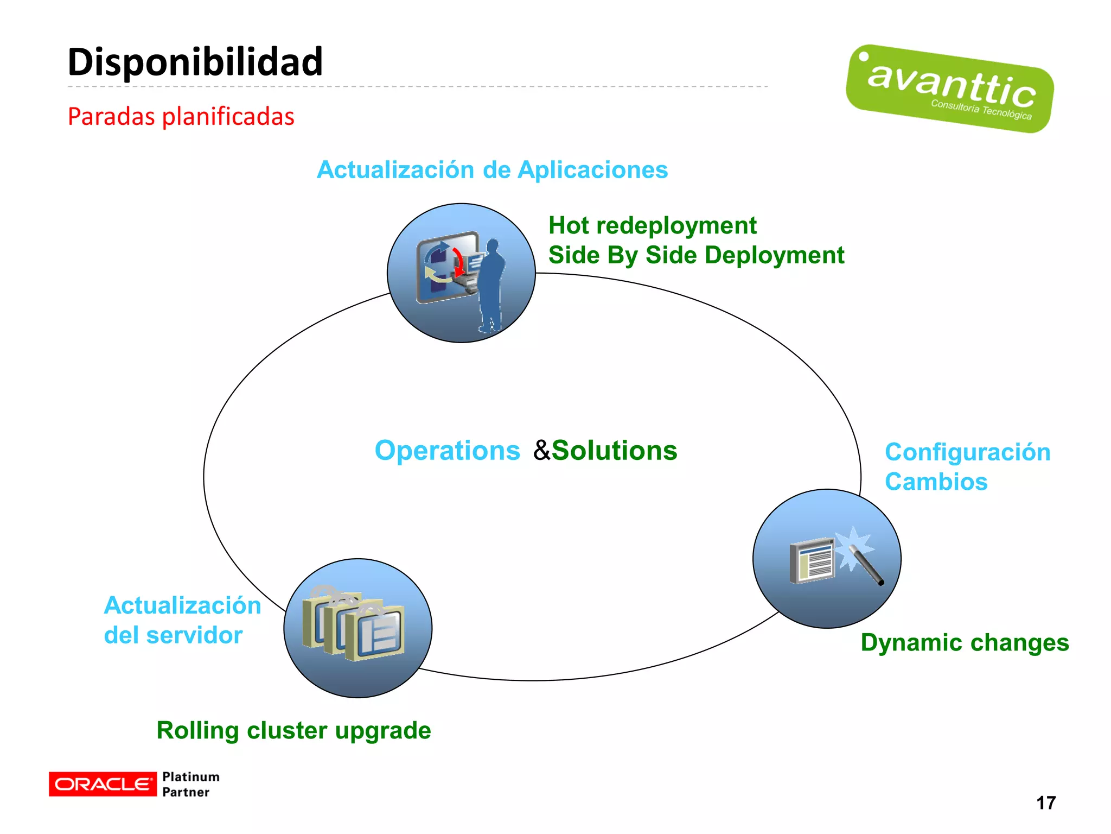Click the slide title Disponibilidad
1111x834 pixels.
[195, 61]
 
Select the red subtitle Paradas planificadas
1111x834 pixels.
[181, 116]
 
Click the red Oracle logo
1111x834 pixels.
[102, 784]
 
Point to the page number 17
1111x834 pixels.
[1045, 803]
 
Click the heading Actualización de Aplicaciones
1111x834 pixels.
[492, 169]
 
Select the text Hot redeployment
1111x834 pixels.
[652, 225]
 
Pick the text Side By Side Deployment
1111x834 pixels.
[696, 255]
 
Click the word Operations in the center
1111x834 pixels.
[447, 451]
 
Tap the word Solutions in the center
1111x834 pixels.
[615, 451]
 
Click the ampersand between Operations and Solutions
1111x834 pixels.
[541, 451]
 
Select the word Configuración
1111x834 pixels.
[967, 452]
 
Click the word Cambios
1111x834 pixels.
[936, 482]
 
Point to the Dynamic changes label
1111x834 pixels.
[965, 642]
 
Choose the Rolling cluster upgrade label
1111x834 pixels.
[293, 730]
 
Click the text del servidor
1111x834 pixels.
[173, 635]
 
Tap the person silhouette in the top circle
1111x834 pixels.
[491, 285]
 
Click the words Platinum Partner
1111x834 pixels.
[190, 784]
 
